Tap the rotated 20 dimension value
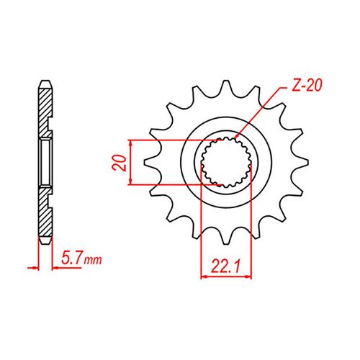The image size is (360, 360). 123,161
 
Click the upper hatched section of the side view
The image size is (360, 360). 44,108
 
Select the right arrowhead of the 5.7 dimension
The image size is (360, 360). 53,267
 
